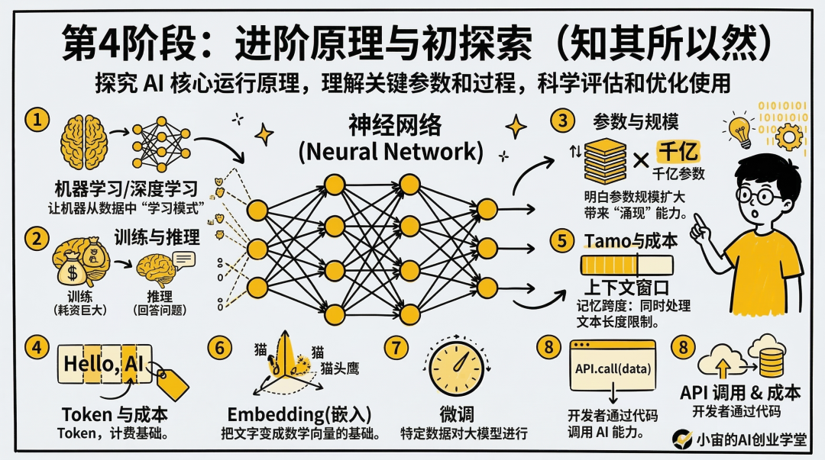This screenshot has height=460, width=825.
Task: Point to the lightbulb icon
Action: tap(739, 130)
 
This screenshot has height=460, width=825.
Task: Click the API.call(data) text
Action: tap(613, 369)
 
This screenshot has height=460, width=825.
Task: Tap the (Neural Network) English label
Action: tap(390, 151)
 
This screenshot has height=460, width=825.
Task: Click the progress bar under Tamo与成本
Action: tap(627, 265)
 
